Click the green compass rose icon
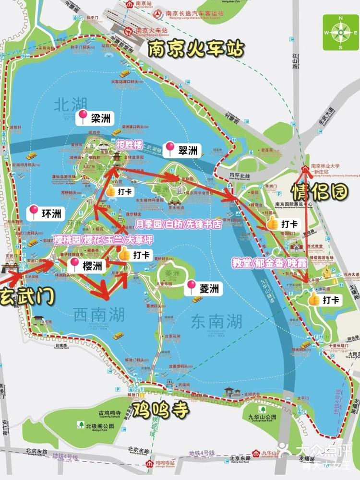pyautogui.click(x=341, y=33)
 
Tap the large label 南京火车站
pyautogui.click(x=196, y=49)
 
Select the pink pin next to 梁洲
pyautogui.click(x=83, y=117)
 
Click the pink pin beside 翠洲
pyautogui.click(x=170, y=149)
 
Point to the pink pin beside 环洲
pyautogui.click(x=34, y=211)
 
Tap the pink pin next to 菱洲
pyautogui.click(x=192, y=287)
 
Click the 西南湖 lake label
pyautogui.click(x=99, y=315)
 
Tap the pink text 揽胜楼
pyautogui.click(x=130, y=143)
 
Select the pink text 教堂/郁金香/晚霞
pyautogui.click(x=265, y=263)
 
